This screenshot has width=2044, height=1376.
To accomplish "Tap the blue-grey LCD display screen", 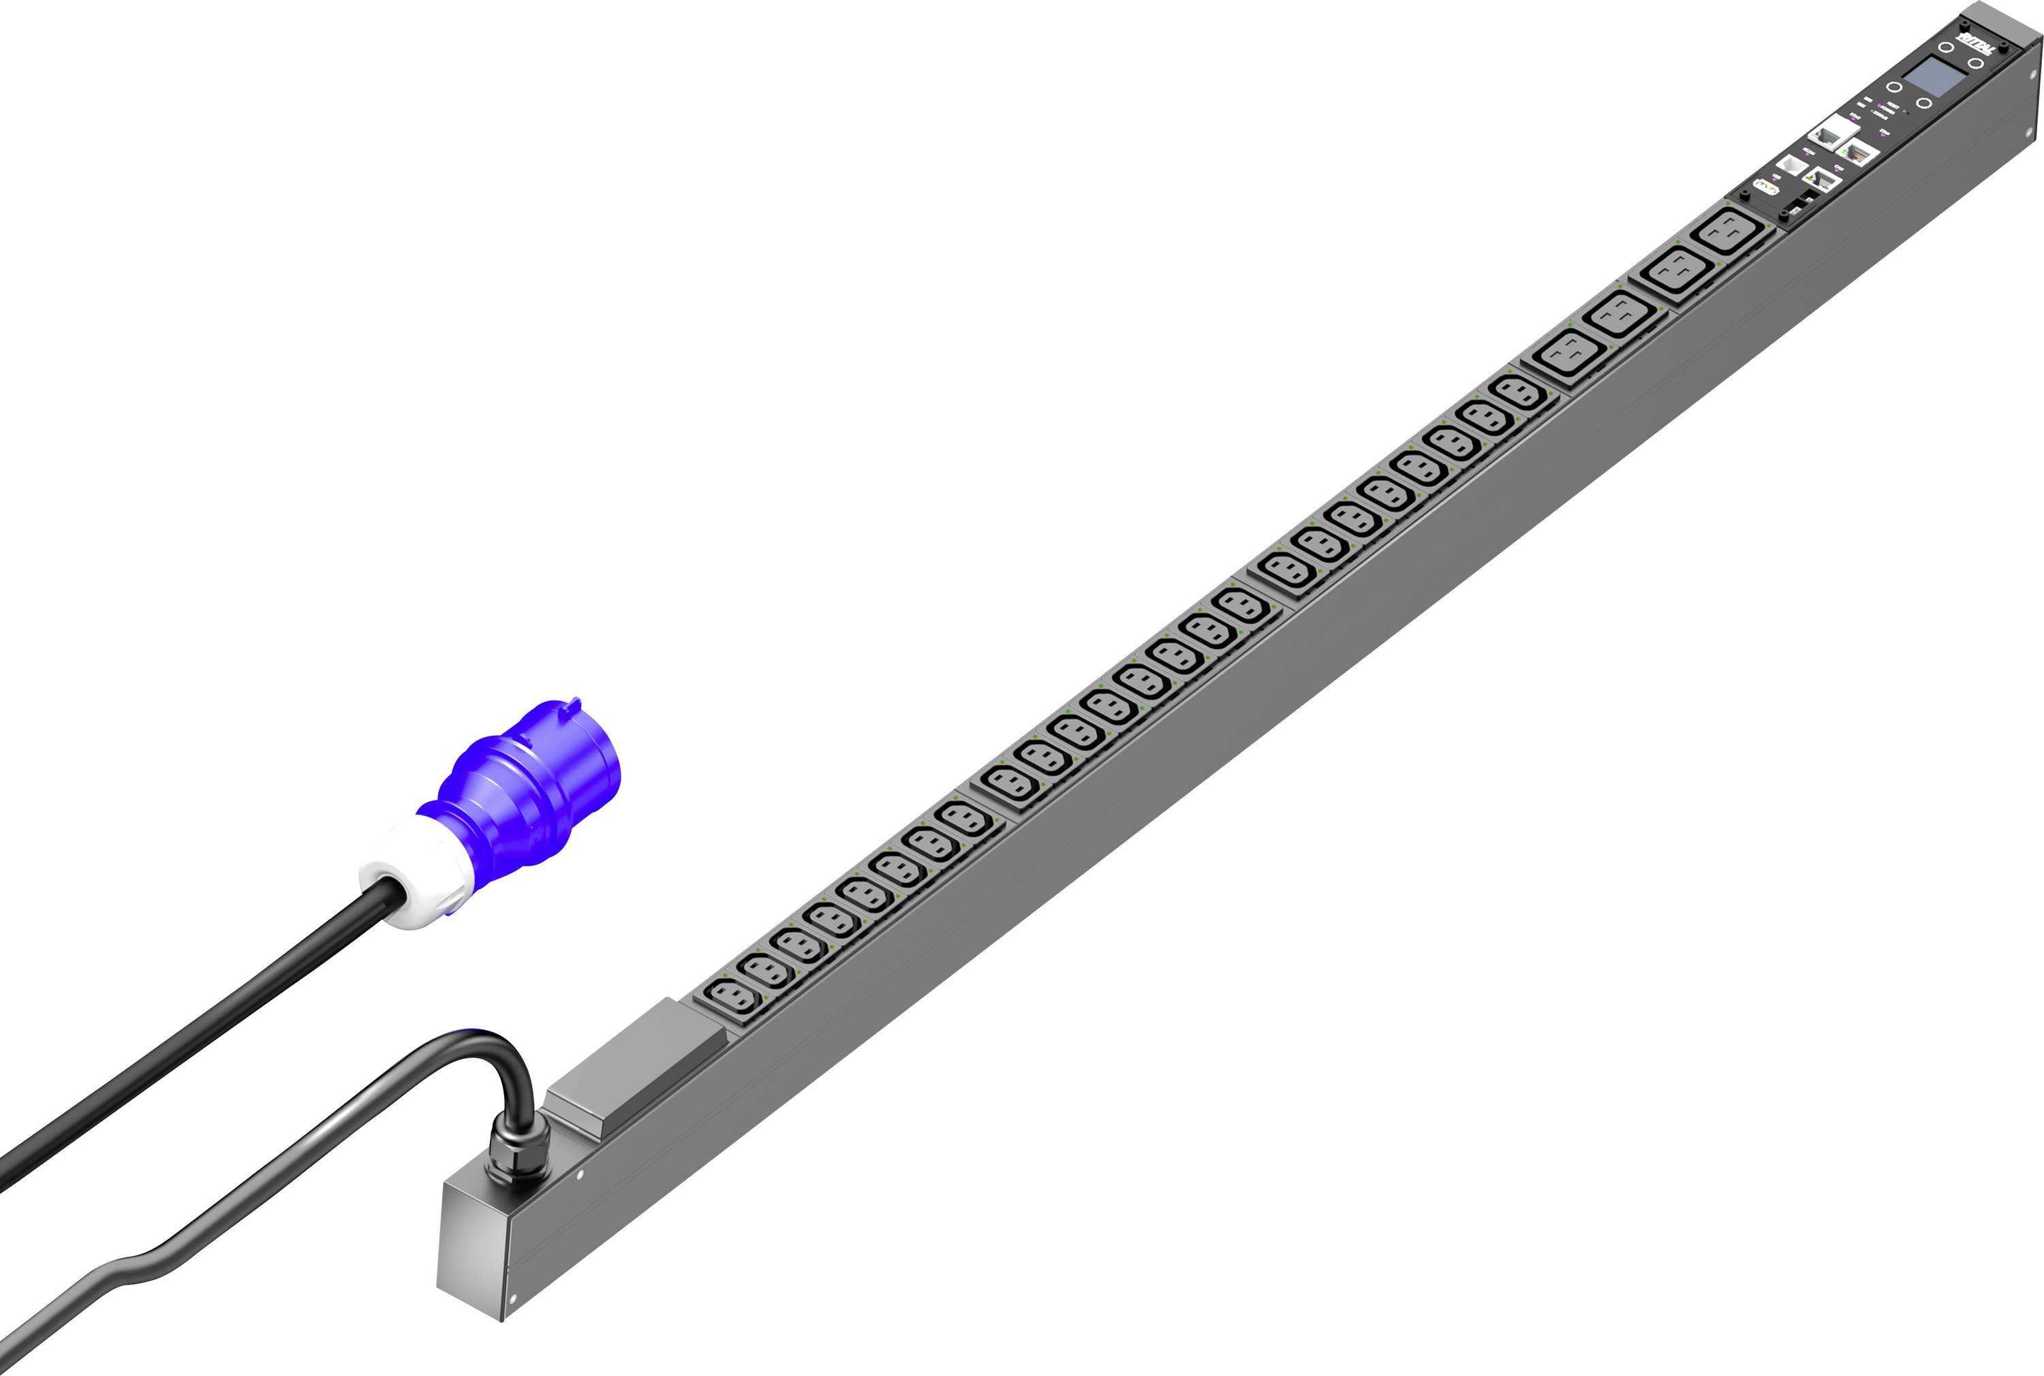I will coord(1927,76).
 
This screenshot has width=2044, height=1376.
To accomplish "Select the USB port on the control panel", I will coord(1766,187).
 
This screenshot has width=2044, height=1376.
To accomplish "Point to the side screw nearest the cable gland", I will coord(579,1176).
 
